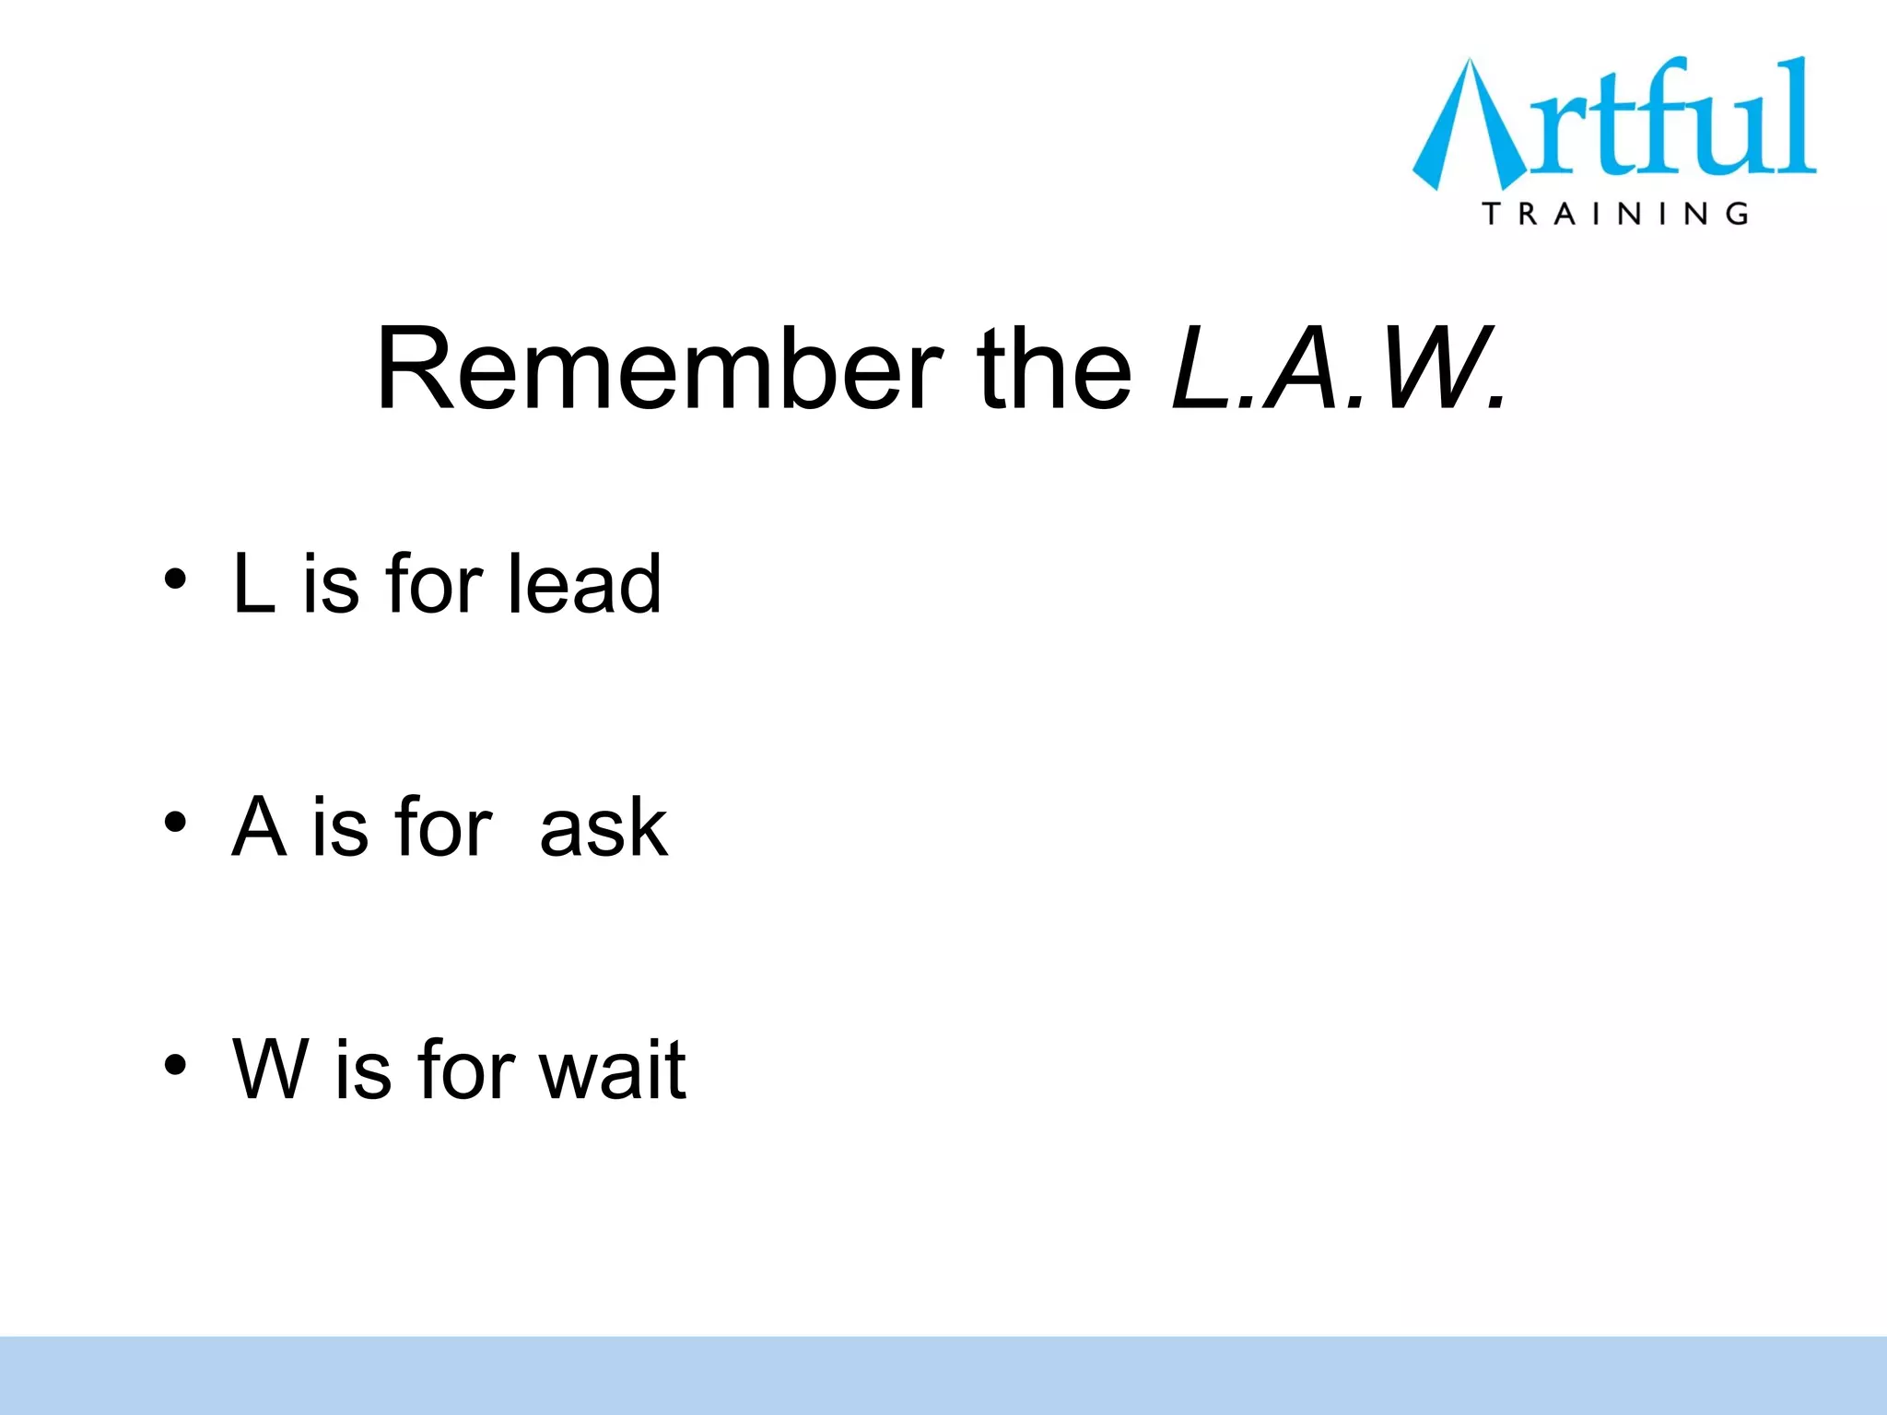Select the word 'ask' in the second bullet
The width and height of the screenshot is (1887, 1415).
click(603, 827)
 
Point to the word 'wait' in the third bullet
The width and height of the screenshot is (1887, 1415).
click(612, 1070)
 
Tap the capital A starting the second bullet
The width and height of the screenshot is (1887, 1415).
click(257, 826)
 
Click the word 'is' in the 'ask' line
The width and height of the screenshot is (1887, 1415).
click(340, 827)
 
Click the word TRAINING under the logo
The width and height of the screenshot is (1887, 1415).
click(1615, 214)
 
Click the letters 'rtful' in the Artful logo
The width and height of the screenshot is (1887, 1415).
click(1672, 120)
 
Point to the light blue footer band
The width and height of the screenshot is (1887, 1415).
click(943, 1374)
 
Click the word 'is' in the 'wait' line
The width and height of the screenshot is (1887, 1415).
click(363, 1070)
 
